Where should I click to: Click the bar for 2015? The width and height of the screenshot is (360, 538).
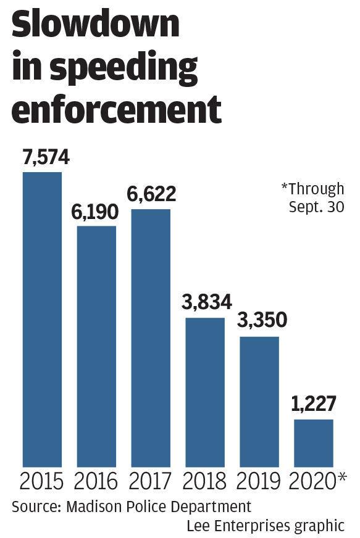42,319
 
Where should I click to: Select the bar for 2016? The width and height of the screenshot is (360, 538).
96,346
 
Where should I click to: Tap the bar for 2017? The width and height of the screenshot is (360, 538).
151,337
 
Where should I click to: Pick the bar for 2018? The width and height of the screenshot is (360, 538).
205,392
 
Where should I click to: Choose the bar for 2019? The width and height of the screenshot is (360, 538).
259,402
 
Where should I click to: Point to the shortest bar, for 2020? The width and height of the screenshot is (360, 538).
314,443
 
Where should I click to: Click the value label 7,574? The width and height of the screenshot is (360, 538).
46,157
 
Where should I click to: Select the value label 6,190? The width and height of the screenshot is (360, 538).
95,212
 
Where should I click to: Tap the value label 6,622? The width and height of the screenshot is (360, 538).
151,194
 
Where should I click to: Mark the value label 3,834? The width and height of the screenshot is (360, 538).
207,302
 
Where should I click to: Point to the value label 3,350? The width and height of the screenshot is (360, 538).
262,320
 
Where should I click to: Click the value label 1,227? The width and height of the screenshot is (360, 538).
313,404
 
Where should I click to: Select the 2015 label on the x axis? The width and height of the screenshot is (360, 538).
41,481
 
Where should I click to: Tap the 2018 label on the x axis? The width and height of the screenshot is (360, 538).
204,481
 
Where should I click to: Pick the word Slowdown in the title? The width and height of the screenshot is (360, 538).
96,23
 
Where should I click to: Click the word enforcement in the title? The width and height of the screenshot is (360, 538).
117,109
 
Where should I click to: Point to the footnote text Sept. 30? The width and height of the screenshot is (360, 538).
316,207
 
